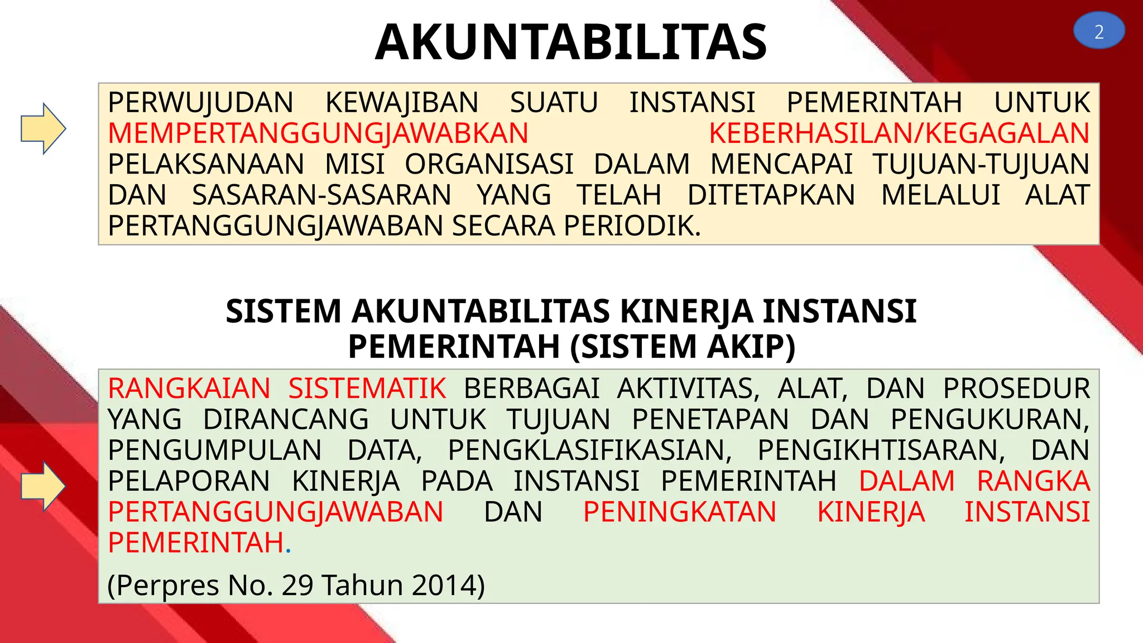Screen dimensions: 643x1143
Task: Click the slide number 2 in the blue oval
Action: (x=1098, y=32)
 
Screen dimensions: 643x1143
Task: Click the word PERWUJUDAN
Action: (x=200, y=103)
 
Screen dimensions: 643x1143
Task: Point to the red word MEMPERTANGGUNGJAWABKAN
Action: (x=318, y=133)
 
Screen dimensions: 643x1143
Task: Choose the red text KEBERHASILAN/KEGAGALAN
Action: (x=899, y=133)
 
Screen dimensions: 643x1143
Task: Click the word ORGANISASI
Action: (x=489, y=164)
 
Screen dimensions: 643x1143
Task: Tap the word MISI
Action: (x=355, y=164)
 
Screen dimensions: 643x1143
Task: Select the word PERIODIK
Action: (x=631, y=226)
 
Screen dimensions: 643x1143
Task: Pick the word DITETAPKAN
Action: (x=771, y=195)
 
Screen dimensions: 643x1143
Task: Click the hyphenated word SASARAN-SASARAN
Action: (x=321, y=195)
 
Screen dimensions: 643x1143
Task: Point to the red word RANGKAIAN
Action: (x=189, y=388)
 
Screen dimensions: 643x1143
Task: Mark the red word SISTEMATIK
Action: (x=367, y=388)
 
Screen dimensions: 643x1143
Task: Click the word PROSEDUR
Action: (x=1016, y=388)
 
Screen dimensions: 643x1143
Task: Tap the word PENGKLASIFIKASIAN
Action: (x=589, y=450)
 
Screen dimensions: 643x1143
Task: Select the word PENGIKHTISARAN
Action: (x=881, y=450)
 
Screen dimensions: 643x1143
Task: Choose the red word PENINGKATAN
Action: (x=680, y=512)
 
